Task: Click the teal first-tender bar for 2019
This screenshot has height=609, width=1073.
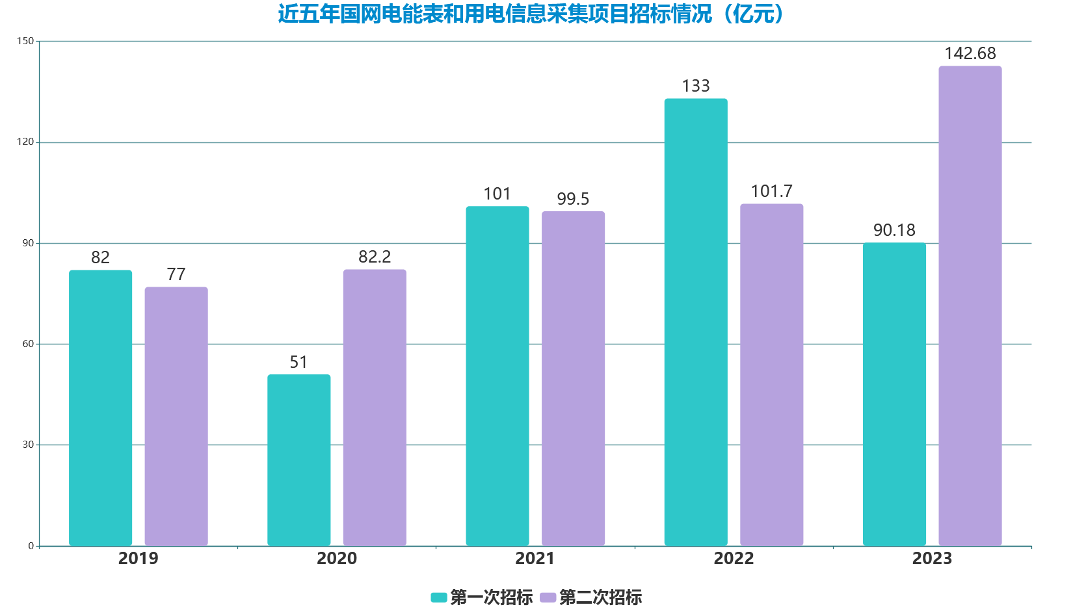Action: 100,408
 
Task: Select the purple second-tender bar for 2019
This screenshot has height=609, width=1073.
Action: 176,416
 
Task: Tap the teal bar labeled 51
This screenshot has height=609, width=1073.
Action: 298,460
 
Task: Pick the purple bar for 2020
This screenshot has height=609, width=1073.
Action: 375,408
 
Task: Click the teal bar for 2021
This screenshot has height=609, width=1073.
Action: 497,376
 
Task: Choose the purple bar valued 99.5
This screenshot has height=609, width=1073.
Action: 573,378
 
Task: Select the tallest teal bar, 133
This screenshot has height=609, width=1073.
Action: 696,322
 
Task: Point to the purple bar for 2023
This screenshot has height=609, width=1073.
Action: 970,305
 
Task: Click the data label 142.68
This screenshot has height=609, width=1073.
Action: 970,53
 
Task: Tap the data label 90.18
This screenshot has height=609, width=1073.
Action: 894,230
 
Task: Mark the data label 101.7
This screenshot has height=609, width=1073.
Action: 772,191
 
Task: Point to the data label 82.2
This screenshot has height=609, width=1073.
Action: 375,257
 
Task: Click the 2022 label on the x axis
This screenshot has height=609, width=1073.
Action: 734,558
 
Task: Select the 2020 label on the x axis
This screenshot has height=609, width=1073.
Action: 337,558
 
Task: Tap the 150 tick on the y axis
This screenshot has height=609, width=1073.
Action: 25,41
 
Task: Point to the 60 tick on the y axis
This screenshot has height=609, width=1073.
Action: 28,344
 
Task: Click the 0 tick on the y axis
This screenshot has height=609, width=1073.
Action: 31,546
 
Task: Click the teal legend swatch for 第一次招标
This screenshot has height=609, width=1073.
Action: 439,597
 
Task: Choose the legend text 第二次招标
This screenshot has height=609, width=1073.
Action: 600,597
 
